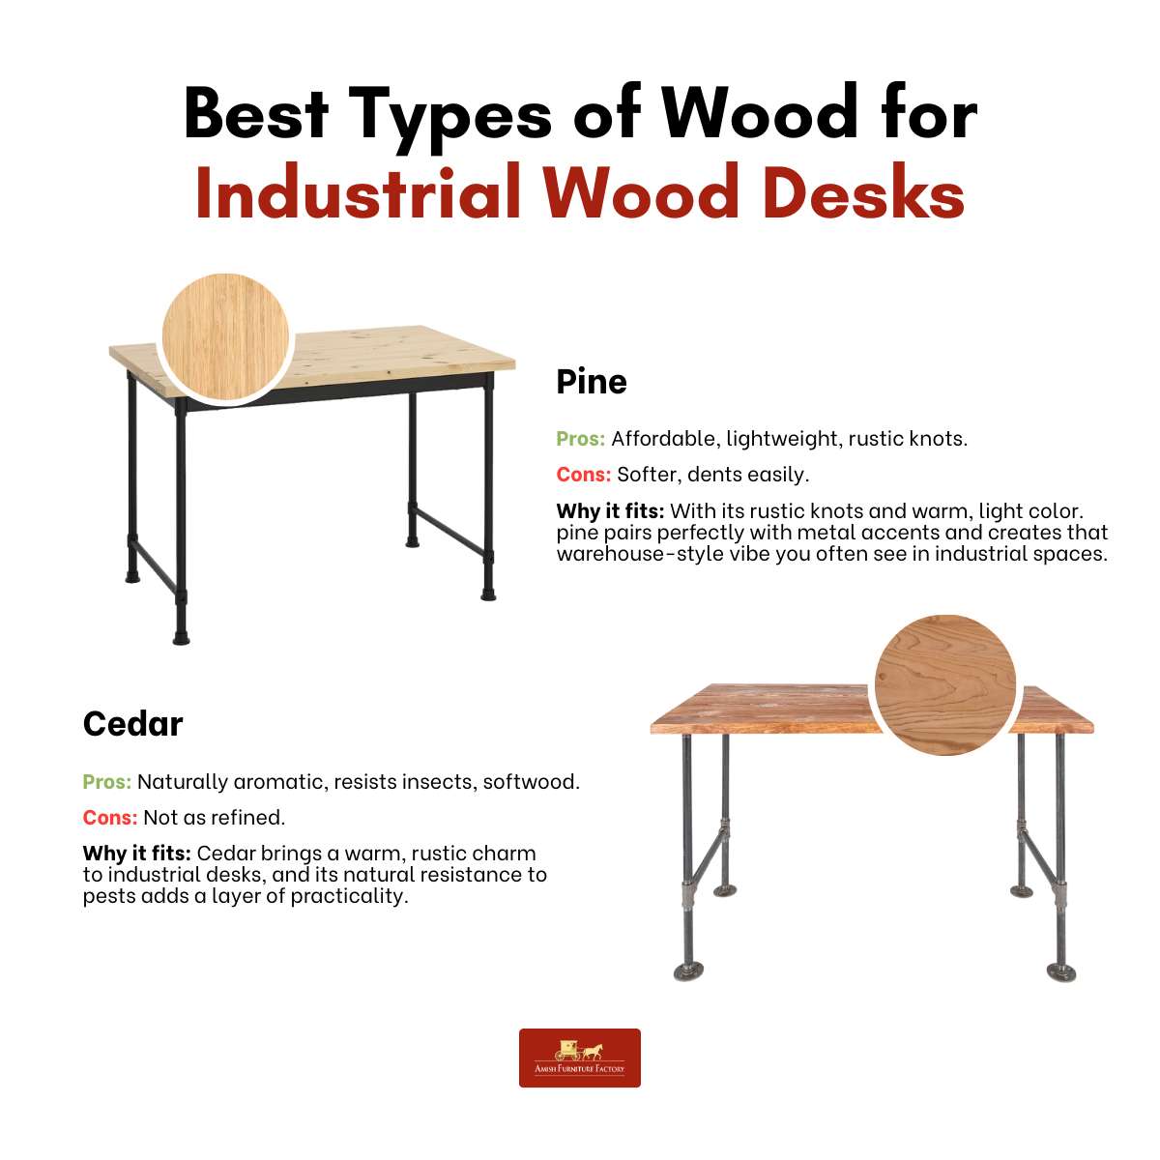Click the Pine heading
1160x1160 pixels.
click(592, 382)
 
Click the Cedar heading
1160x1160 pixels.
click(133, 724)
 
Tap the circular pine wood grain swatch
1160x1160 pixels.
click(226, 336)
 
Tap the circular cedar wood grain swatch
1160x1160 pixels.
click(944, 683)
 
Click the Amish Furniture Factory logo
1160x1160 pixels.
click(580, 1058)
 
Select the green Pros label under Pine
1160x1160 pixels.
click(580, 439)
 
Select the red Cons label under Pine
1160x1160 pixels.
click(583, 475)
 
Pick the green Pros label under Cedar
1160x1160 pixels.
click(107, 782)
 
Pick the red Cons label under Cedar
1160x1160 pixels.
click(110, 818)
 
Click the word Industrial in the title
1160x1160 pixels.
click(359, 192)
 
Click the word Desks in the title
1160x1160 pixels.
click(864, 192)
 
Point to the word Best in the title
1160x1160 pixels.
click(256, 114)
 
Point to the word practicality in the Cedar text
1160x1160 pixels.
click(349, 896)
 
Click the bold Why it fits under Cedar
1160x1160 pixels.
click(137, 854)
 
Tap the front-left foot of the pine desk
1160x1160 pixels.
click(181, 637)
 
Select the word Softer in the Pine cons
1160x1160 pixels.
click(649, 475)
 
